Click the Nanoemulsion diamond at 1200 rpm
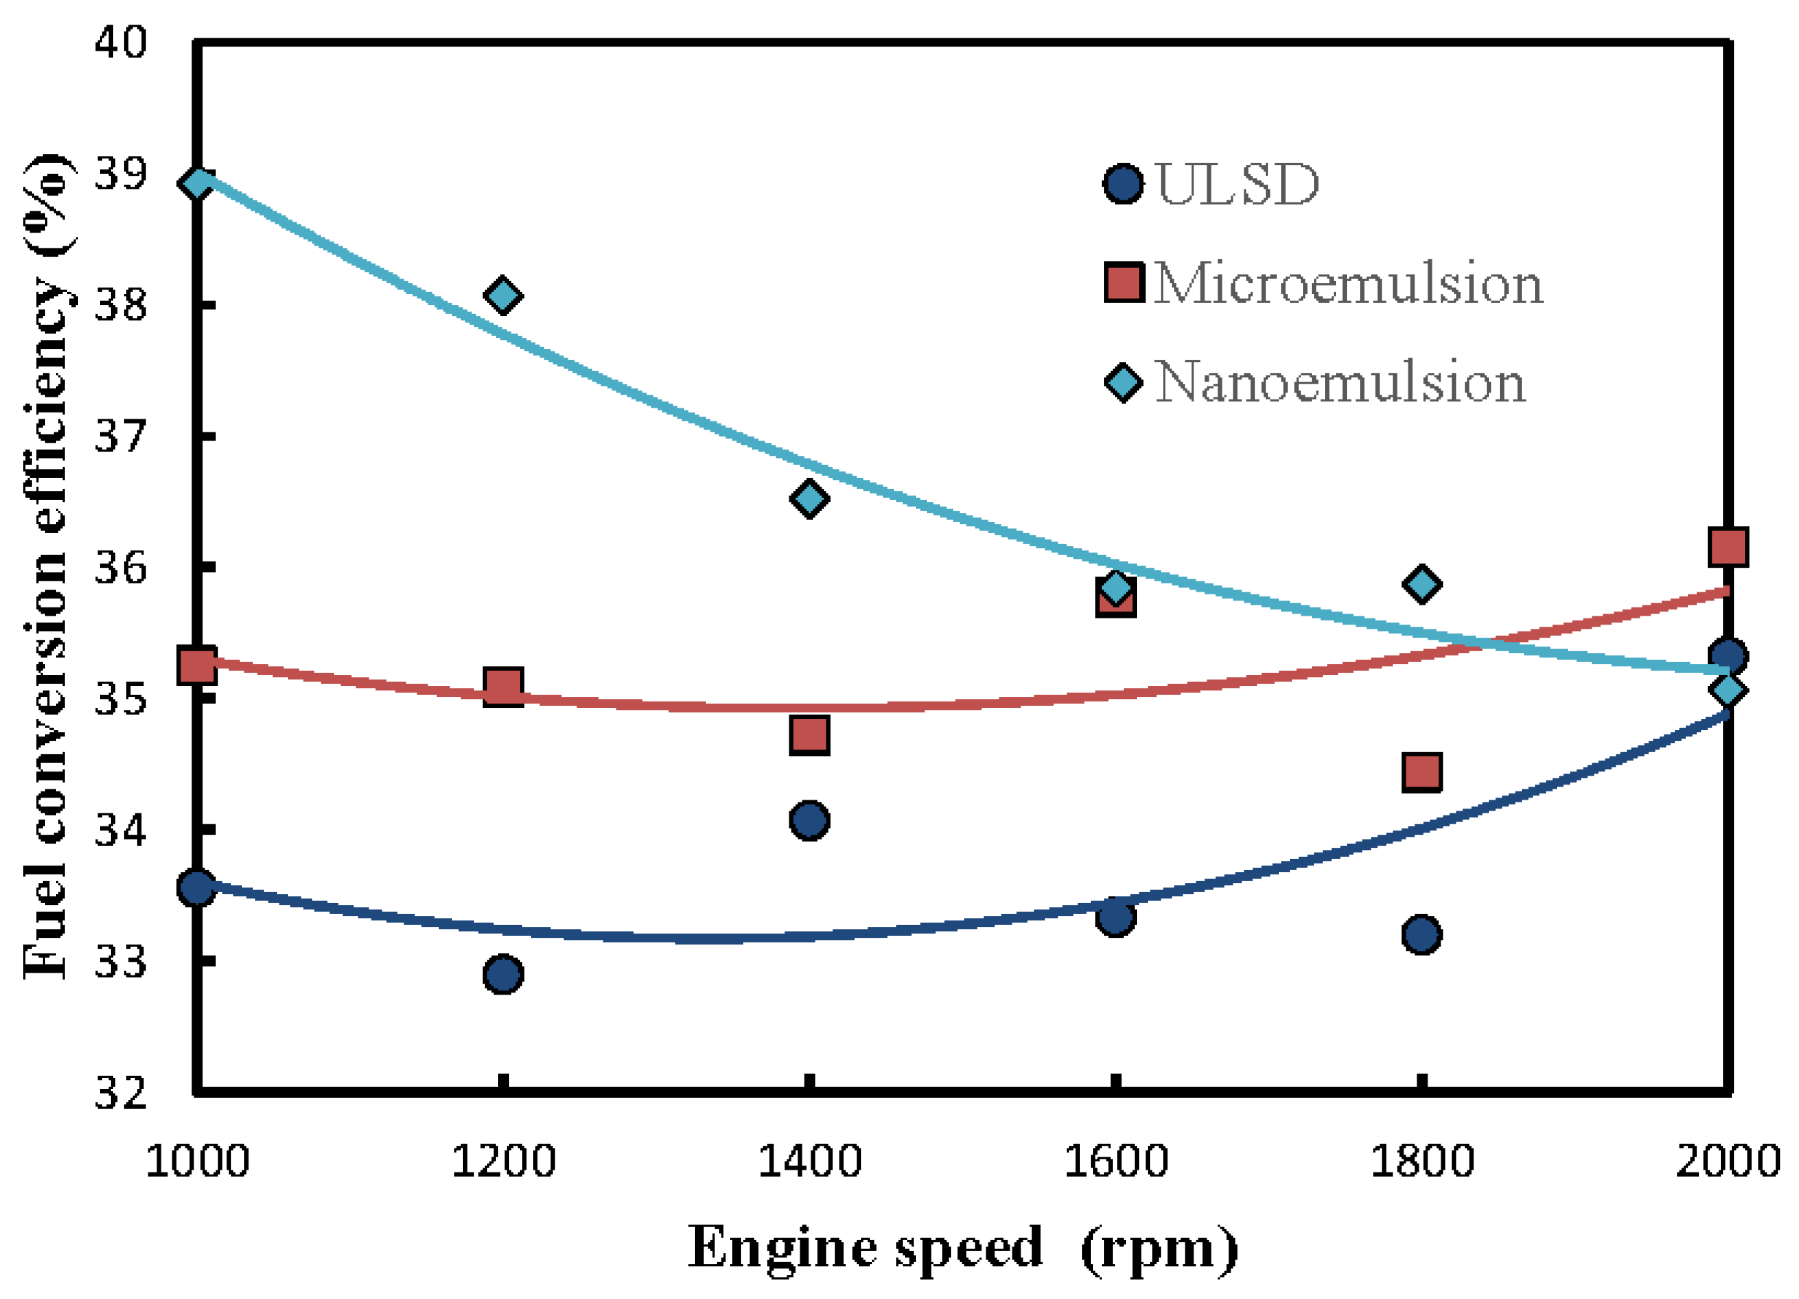[502, 296]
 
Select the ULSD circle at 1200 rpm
[502, 973]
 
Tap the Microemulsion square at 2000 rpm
[1729, 547]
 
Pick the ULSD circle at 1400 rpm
[809, 819]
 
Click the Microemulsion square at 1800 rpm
[1421, 771]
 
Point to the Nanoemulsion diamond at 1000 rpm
[196, 183]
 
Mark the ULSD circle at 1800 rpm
[1421, 934]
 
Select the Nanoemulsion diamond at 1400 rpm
[809, 498]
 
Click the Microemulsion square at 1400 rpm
[809, 735]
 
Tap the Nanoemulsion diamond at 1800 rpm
[1421, 584]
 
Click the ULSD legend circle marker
[1123, 184]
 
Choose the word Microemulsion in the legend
[1348, 283]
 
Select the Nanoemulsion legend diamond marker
[1123, 382]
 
